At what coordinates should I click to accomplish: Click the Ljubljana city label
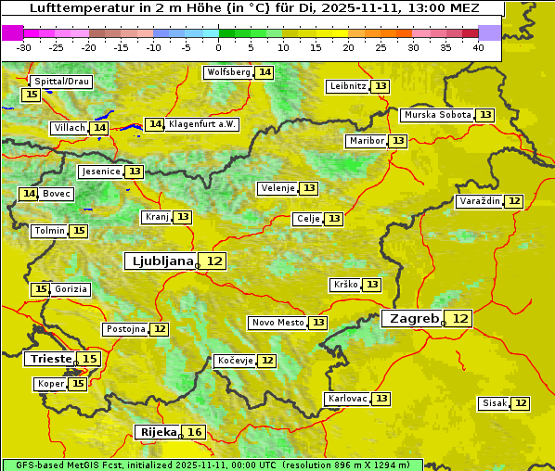pyautogui.click(x=161, y=261)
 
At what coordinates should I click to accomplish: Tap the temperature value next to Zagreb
pyautogui.click(x=460, y=319)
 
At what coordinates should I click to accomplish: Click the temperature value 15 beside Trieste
pyautogui.click(x=89, y=359)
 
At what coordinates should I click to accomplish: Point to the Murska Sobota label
pyautogui.click(x=437, y=115)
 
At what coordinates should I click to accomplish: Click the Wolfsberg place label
pyautogui.click(x=228, y=72)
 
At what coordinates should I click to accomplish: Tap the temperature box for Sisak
pyautogui.click(x=521, y=403)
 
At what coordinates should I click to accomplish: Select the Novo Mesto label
pyautogui.click(x=277, y=323)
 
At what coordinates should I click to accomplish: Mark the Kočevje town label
pyautogui.click(x=234, y=361)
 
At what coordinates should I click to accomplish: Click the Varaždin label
pyautogui.click(x=479, y=201)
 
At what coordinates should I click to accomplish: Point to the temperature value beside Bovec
pyautogui.click(x=29, y=194)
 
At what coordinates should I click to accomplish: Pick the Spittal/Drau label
pyautogui.click(x=61, y=82)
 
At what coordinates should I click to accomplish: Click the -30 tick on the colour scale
pyautogui.click(x=24, y=46)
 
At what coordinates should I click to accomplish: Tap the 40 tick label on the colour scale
pyautogui.click(x=478, y=46)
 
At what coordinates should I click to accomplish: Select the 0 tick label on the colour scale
pyautogui.click(x=218, y=46)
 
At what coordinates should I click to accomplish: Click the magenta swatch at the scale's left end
pyautogui.click(x=12, y=32)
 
